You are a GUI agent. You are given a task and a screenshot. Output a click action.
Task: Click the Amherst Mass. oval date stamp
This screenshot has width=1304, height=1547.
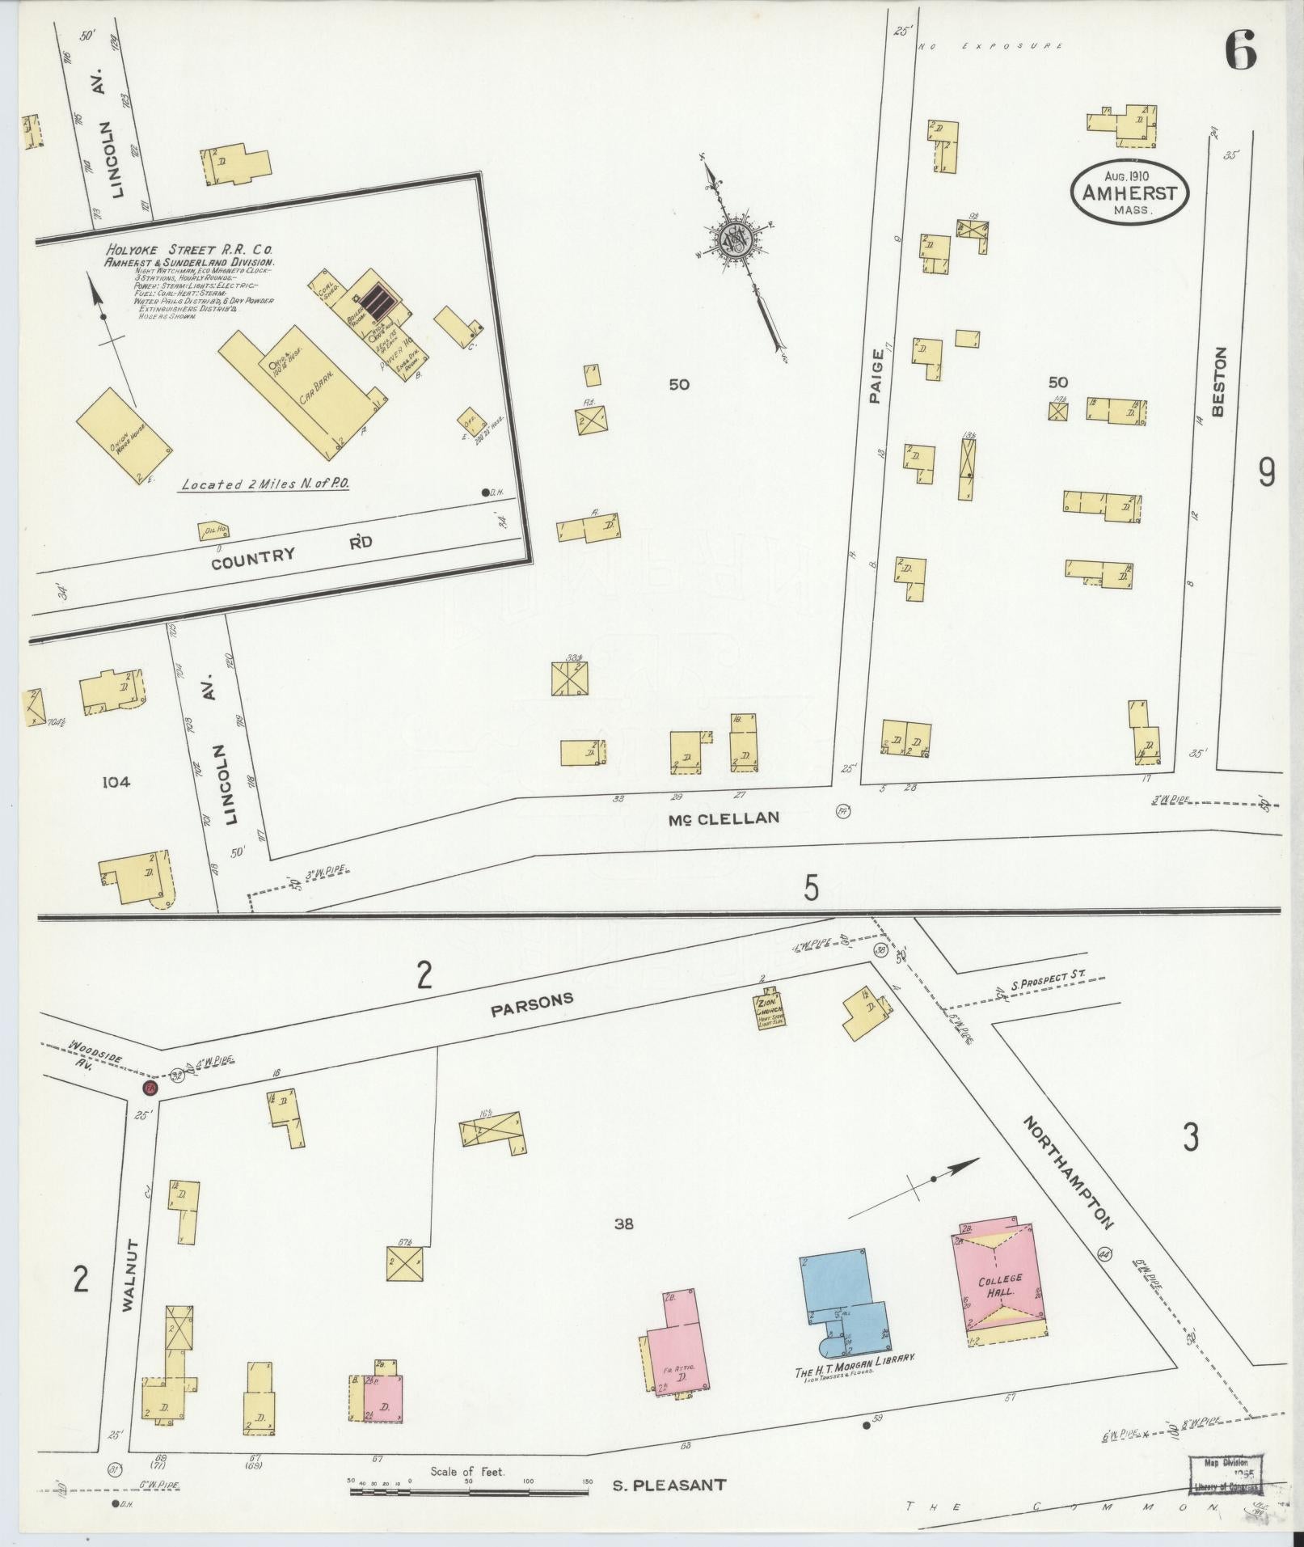click(1129, 194)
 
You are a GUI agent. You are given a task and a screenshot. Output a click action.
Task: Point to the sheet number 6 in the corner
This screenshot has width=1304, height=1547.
click(1239, 54)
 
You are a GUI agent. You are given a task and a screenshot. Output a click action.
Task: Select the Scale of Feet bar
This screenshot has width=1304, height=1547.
click(469, 1490)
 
